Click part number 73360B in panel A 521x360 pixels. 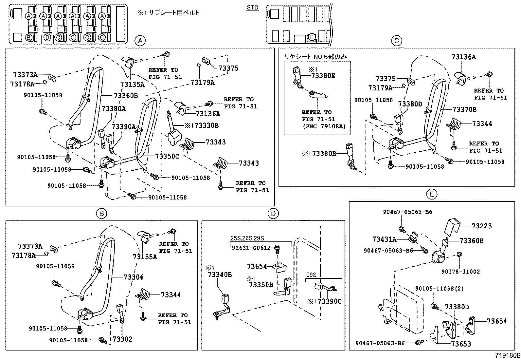126,96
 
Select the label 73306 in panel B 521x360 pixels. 134,277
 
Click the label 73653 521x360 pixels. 461,344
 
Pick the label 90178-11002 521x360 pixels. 460,272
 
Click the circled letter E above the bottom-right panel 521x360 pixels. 432,195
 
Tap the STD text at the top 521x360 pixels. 252,8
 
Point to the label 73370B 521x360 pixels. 464,109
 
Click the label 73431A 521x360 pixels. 384,239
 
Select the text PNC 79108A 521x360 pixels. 324,126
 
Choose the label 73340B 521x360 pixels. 220,275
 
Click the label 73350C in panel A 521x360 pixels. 167,156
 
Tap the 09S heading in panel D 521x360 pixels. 311,275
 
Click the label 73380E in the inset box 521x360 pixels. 323,76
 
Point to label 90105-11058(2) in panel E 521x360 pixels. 440,289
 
